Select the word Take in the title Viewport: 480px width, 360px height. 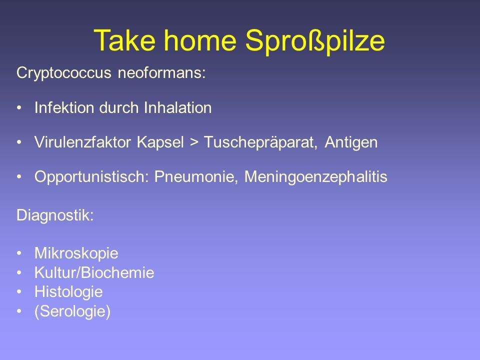pyautogui.click(x=124, y=40)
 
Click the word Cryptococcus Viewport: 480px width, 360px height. pyautogui.click(x=63, y=73)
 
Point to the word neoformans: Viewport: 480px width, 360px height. pyautogui.click(x=162, y=73)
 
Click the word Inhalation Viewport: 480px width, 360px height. pyautogui.click(x=178, y=108)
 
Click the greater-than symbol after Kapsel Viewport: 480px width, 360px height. pyautogui.click(x=194, y=142)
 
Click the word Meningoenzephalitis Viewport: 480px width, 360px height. pyautogui.click(x=316, y=177)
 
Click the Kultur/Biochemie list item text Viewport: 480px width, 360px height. pyautogui.click(x=94, y=272)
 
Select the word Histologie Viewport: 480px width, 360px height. pyautogui.click(x=68, y=292)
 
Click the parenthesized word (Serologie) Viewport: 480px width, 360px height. pyautogui.click(x=72, y=311)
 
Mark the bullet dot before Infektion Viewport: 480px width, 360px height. pyautogui.click(x=19, y=108)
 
